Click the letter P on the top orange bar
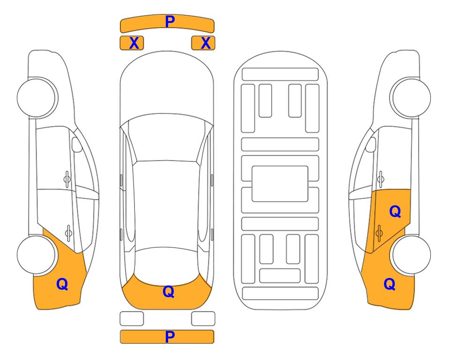tap(170, 22)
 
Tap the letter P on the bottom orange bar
tap(170, 337)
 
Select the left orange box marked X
tap(132, 43)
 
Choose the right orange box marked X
tap(203, 43)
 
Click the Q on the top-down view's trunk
tap(169, 292)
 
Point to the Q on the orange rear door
tap(395, 212)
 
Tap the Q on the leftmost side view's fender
tap(62, 284)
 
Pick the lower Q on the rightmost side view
tap(390, 284)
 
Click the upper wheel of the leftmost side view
tap(37, 97)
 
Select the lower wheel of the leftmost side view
tap(37, 255)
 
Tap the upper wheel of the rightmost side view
tap(411, 97)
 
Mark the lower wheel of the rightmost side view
tap(411, 255)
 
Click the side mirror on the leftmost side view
tap(77, 144)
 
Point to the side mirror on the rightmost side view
tap(371, 144)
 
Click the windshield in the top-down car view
tap(166, 138)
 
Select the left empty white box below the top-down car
tap(132, 319)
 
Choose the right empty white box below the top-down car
tap(203, 319)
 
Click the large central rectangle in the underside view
tap(280, 184)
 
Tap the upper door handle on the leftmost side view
tap(67, 180)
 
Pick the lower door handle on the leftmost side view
tap(68, 232)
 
